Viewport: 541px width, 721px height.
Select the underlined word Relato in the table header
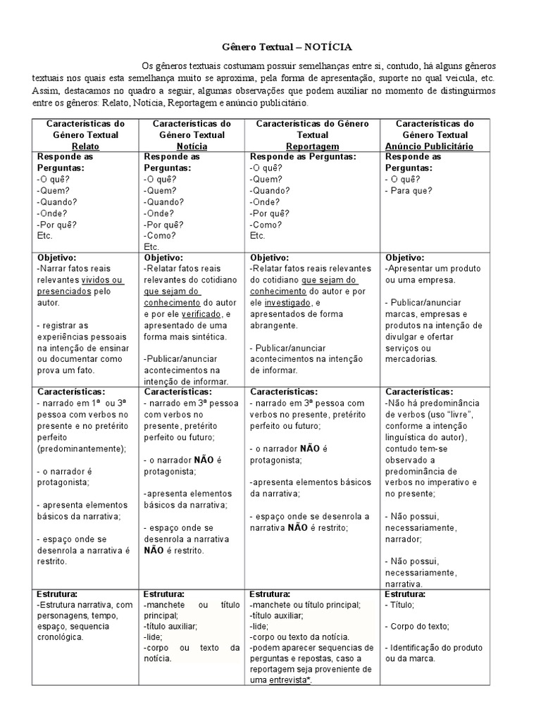[x=85, y=146]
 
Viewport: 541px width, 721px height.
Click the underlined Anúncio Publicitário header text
[x=435, y=146]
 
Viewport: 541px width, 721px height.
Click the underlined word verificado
[x=201, y=313]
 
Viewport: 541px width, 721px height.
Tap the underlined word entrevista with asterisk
[x=290, y=681]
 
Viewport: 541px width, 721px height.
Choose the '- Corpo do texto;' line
[x=417, y=626]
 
